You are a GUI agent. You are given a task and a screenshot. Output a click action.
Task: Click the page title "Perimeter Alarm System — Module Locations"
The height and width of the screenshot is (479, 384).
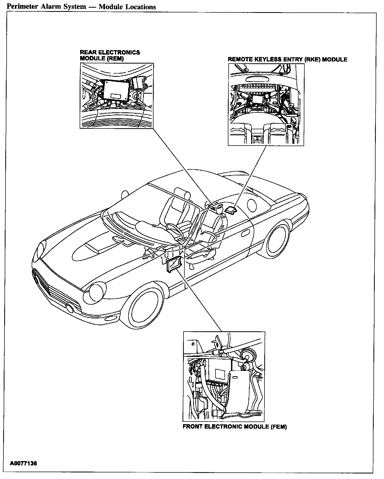point(81,7)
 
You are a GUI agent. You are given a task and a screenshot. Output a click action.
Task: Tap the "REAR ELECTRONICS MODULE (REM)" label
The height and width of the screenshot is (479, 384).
point(110,55)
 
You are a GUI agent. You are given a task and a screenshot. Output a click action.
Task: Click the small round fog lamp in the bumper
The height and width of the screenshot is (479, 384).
point(70,308)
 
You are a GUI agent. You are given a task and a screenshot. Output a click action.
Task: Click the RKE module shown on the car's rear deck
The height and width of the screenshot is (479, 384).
point(230,210)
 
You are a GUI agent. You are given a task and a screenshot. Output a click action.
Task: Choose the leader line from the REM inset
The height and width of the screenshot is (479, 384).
point(182,166)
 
